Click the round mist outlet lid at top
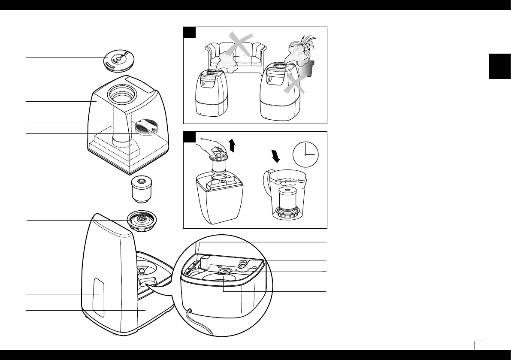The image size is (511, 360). click(116, 61)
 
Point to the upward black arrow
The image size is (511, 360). click(233, 145)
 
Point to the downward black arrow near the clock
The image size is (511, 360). click(276, 156)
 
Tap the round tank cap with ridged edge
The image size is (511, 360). click(141, 220)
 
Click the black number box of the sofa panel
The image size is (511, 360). click(190, 33)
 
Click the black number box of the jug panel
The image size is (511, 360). click(190, 137)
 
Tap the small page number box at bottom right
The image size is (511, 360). click(479, 345)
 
